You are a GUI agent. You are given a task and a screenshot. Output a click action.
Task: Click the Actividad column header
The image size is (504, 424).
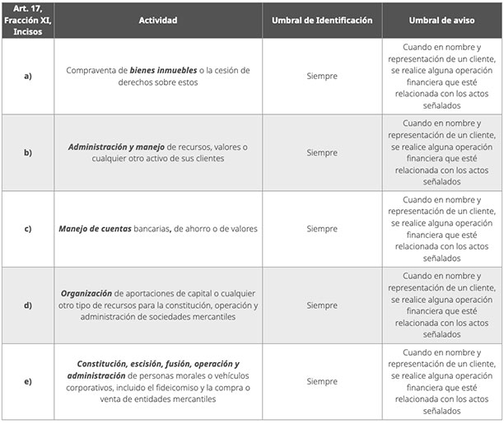(x=158, y=20)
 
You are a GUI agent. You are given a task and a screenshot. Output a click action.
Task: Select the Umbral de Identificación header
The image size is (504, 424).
(x=322, y=20)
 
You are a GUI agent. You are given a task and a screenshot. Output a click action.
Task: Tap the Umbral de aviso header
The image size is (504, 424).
(x=442, y=20)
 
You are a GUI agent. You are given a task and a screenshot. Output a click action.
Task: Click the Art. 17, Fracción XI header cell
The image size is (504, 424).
(x=27, y=20)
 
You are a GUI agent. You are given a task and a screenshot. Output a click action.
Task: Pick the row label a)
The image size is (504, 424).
(x=27, y=76)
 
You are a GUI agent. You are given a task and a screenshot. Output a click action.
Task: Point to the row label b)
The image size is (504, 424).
(x=27, y=152)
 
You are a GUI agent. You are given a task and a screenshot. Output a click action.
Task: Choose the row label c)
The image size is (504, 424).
(x=27, y=229)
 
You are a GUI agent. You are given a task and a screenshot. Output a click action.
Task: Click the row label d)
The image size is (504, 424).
(x=27, y=305)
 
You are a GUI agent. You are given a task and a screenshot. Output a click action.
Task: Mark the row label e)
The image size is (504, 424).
(x=27, y=381)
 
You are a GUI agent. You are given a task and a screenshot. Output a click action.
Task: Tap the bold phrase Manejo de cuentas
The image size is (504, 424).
(x=95, y=229)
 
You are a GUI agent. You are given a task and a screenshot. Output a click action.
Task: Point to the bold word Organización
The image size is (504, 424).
(x=86, y=293)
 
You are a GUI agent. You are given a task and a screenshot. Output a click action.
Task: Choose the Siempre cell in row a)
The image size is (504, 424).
(x=322, y=76)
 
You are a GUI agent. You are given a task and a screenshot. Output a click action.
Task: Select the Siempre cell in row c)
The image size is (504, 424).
(x=322, y=229)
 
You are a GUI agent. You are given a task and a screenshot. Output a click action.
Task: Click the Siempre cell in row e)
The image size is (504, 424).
(x=322, y=381)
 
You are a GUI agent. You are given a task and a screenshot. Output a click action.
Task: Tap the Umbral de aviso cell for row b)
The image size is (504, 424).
(x=442, y=152)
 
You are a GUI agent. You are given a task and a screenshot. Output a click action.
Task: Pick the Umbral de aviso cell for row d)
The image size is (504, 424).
(x=442, y=305)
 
